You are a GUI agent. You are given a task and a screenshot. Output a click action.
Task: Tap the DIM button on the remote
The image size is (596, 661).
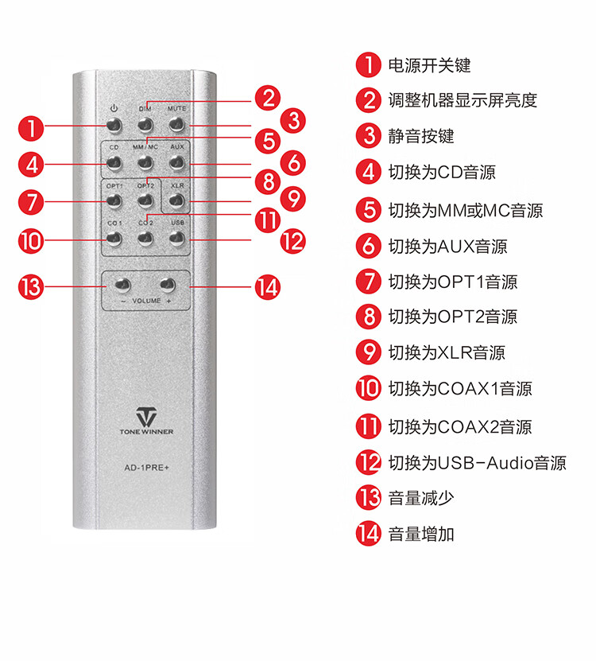point(145,125)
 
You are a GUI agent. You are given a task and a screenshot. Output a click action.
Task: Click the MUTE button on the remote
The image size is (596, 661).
point(176,125)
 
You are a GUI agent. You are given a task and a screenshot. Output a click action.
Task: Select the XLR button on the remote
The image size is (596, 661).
point(176,200)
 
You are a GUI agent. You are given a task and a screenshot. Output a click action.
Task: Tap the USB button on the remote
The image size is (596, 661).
point(176,239)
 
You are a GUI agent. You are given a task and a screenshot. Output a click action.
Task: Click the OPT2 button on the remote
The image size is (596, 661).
point(145,200)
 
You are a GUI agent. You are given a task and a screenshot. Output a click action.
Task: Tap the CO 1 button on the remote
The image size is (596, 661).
point(114,239)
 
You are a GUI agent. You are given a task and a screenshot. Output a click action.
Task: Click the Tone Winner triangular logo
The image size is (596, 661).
point(146,417)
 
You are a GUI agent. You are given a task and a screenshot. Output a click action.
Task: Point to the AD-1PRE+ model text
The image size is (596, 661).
point(146,468)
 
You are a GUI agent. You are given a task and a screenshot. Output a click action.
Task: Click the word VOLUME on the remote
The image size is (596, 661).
point(146,301)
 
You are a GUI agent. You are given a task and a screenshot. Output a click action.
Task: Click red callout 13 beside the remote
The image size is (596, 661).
point(31,287)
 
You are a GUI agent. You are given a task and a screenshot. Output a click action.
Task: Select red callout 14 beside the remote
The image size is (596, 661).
point(268,288)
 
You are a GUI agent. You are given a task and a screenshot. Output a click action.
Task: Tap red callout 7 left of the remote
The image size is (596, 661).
point(31,202)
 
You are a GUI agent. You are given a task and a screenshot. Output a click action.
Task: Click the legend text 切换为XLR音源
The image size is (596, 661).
point(447,352)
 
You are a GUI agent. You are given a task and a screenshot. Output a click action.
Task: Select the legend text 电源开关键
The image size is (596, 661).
point(429,65)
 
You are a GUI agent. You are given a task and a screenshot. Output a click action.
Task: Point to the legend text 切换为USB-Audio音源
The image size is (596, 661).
point(478,463)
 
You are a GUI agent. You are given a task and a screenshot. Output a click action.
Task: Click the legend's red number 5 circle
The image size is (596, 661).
point(369,210)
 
